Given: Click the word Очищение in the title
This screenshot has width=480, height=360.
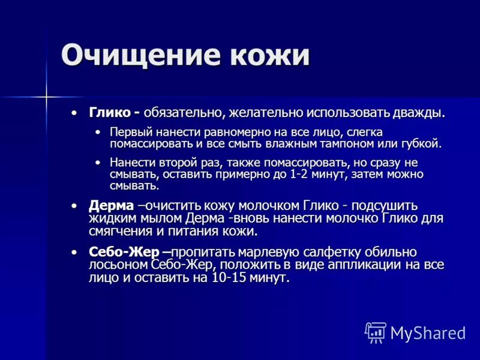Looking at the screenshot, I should [139, 56].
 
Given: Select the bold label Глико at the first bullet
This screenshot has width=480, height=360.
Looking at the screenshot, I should [110, 112].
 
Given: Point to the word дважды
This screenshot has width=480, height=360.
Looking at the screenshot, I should [418, 112].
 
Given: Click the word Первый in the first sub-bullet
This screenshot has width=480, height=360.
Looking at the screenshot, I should [129, 132].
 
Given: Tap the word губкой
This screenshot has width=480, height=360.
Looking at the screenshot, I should [422, 144].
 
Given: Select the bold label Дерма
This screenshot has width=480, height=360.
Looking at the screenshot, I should [111, 206].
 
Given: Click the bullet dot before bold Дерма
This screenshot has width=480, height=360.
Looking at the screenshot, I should [74, 206].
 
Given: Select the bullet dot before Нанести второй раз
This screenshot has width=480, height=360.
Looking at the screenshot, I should [98, 163].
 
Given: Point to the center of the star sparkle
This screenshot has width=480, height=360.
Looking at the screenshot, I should [46, 95].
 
